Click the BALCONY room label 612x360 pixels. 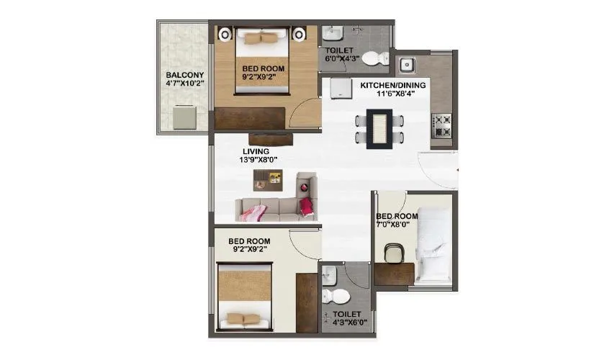[185, 75]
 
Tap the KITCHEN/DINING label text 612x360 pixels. [392, 85]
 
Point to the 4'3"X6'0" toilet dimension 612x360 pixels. [348, 323]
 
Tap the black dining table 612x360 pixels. [379, 129]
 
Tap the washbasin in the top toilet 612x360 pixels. [332, 34]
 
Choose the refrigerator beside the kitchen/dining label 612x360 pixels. [338, 87]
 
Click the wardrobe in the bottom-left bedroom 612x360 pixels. [307, 302]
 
